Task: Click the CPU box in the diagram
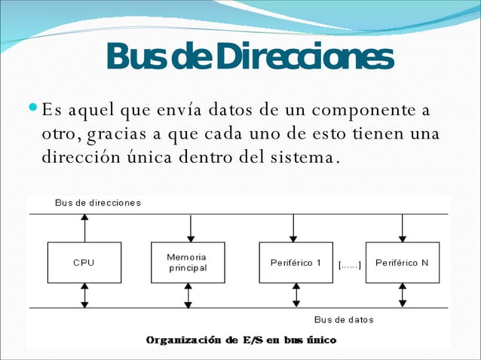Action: click(x=84, y=262)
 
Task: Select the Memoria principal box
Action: click(x=188, y=262)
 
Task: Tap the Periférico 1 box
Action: click(x=296, y=262)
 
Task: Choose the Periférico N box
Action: click(x=402, y=262)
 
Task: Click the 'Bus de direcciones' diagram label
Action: click(x=98, y=203)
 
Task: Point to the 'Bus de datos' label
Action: click(x=344, y=319)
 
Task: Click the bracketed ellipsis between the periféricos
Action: click(x=349, y=264)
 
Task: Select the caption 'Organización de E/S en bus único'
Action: click(x=241, y=340)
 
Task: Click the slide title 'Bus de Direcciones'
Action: click(x=250, y=57)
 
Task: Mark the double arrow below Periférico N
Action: click(x=402, y=295)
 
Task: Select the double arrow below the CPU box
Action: click(x=84, y=295)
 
